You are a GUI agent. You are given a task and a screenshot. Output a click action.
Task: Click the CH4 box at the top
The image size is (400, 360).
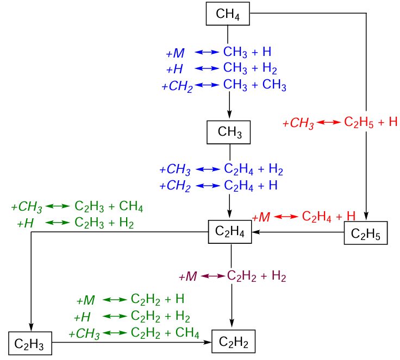point(228,14)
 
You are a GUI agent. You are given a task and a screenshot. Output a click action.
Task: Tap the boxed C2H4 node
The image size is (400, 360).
point(230,232)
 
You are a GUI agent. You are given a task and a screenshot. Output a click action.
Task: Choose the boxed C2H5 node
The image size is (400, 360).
point(366,234)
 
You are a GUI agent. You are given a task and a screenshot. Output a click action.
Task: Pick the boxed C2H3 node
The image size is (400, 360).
point(30,343)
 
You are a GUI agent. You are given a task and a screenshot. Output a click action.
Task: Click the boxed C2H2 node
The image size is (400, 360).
point(233,342)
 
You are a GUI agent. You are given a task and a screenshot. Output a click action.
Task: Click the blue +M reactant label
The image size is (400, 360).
point(176,53)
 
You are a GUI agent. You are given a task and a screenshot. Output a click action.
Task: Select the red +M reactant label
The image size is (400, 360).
point(261,217)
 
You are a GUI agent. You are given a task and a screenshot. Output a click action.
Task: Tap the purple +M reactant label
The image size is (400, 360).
point(187,276)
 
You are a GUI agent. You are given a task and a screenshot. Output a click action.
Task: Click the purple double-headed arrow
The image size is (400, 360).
point(213,276)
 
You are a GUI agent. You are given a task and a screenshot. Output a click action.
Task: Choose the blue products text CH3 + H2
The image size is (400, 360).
point(251,69)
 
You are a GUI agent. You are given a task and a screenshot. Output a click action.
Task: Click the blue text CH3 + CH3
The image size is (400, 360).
point(255,85)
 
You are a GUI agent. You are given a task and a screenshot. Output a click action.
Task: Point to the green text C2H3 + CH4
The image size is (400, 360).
point(109,207)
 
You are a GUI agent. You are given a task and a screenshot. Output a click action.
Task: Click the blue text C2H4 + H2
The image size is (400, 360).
point(254,169)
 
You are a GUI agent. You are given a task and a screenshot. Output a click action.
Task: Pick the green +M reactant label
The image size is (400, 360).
point(86,300)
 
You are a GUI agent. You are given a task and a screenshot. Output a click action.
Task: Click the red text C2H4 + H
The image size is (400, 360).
point(328,217)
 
